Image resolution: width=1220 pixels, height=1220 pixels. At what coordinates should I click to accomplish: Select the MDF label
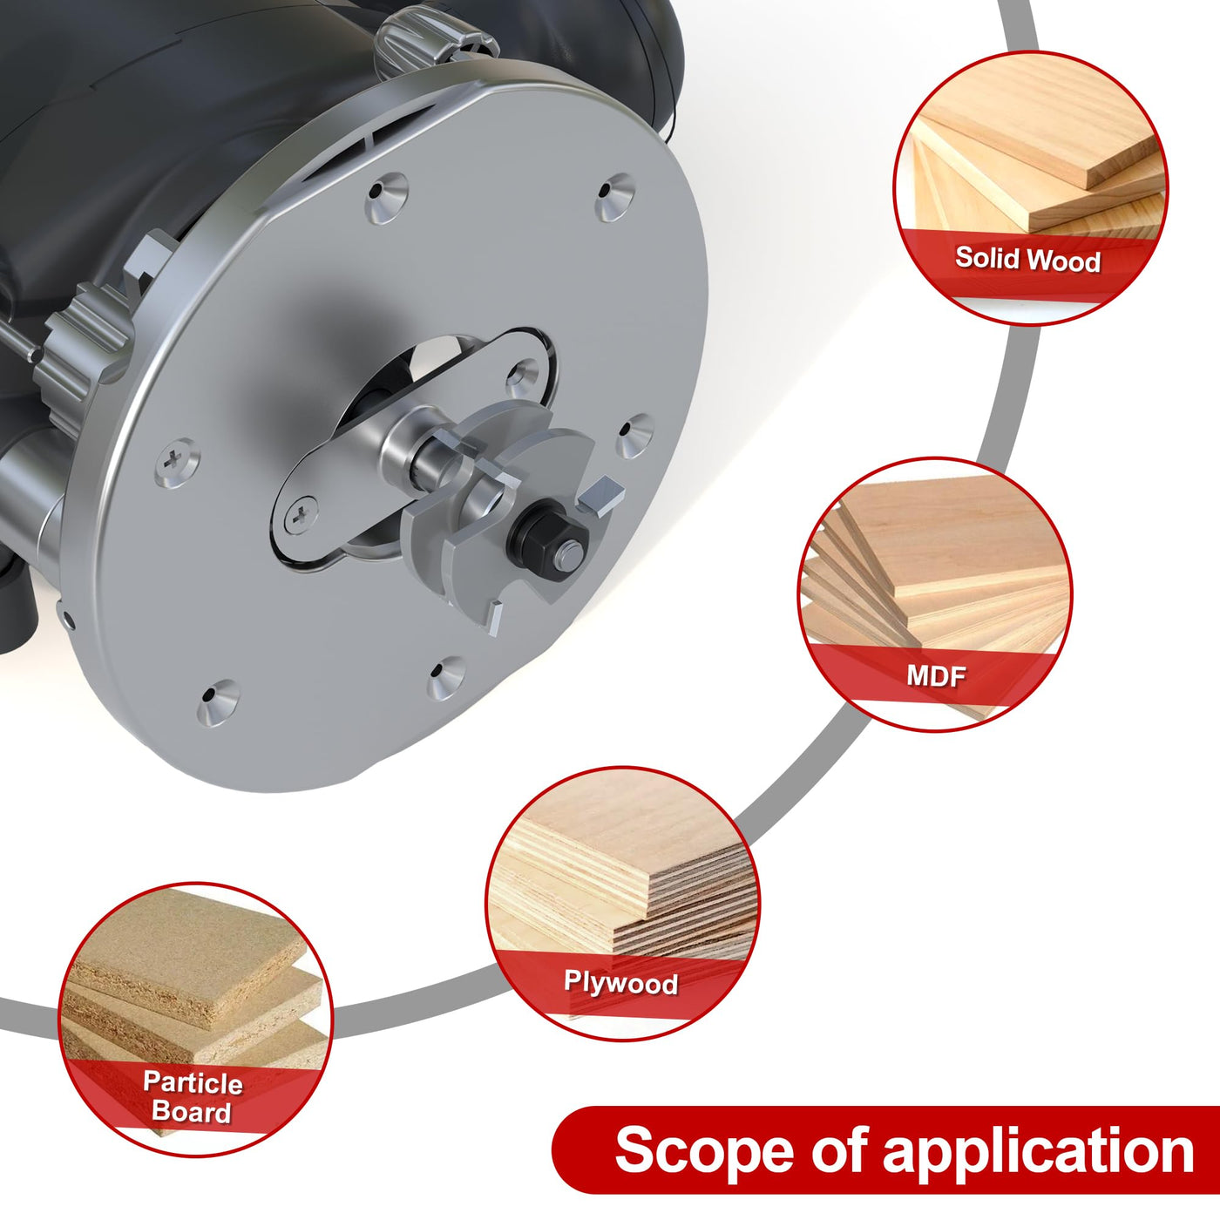click(x=937, y=676)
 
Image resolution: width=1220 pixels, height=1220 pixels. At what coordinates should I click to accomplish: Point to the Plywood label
click(x=620, y=983)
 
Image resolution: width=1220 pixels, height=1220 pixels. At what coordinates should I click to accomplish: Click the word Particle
click(x=193, y=1082)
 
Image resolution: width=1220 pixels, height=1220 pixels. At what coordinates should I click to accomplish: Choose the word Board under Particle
click(x=192, y=1112)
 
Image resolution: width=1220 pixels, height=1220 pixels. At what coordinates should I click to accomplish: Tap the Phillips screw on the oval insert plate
click(x=301, y=515)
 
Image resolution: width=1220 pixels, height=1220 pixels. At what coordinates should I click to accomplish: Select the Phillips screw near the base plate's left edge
click(x=177, y=462)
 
